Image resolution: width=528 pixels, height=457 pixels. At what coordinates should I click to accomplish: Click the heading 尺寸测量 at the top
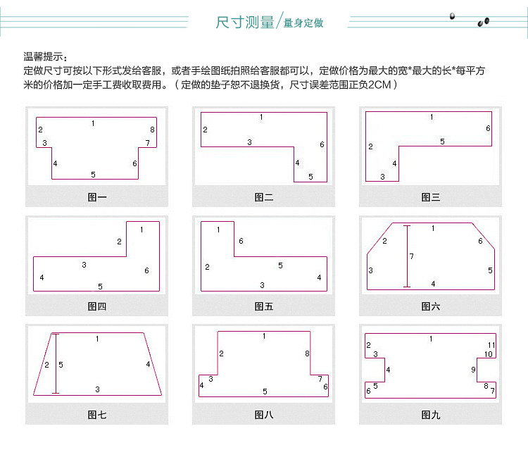pos(245,22)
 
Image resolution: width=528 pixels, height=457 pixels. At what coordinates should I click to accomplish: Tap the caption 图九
pos(431,415)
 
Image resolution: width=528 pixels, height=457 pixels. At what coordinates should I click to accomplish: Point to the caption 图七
pos(97,415)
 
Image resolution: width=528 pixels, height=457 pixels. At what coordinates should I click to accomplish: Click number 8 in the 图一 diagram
pos(152,130)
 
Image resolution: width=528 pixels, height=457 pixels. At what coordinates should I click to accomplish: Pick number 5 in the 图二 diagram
pos(310,177)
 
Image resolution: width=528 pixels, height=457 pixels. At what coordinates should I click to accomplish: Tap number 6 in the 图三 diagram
pos(487,128)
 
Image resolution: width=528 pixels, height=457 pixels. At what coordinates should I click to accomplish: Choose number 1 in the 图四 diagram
pos(142,230)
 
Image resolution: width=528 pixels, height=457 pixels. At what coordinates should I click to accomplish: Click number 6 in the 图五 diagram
pos(241,242)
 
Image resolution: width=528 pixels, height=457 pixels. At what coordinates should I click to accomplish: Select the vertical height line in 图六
pos(406,256)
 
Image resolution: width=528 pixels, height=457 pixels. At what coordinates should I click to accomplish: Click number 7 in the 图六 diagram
pos(412,255)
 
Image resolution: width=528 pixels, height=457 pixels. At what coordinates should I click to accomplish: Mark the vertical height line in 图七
pos(56,363)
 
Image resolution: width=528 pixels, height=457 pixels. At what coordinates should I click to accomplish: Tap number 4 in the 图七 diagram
pos(148,364)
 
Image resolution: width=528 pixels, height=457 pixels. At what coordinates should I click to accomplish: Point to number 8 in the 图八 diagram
pos(307,353)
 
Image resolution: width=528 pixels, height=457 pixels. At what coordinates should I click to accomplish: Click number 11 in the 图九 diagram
pos(491,344)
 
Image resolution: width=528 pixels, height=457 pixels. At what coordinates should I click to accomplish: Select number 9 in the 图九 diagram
pos(473,370)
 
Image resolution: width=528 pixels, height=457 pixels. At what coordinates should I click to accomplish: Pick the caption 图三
pos(431,197)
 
